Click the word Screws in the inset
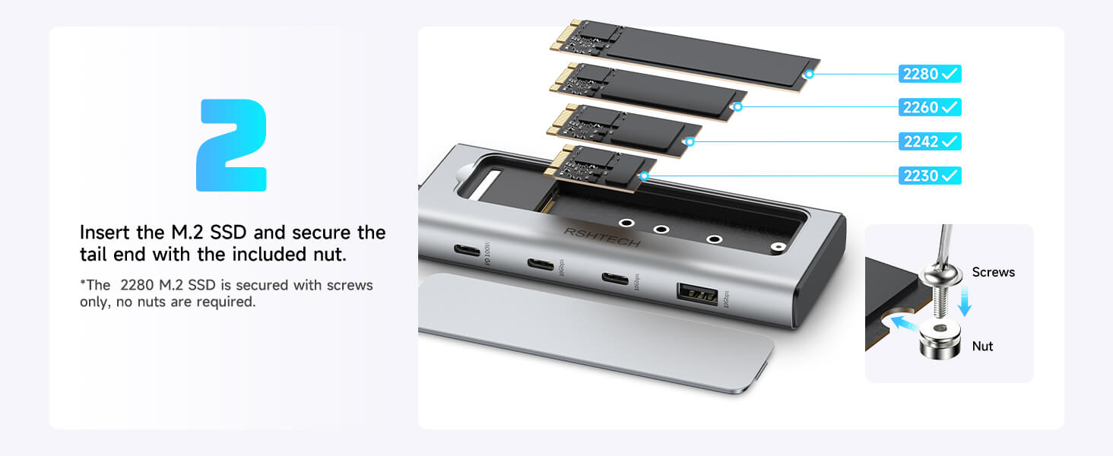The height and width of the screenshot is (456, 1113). [x=993, y=272]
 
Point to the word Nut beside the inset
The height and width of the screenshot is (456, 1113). [x=982, y=346]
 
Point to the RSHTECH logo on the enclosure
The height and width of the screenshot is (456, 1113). [x=602, y=237]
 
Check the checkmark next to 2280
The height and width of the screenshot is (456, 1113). [x=949, y=74]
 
